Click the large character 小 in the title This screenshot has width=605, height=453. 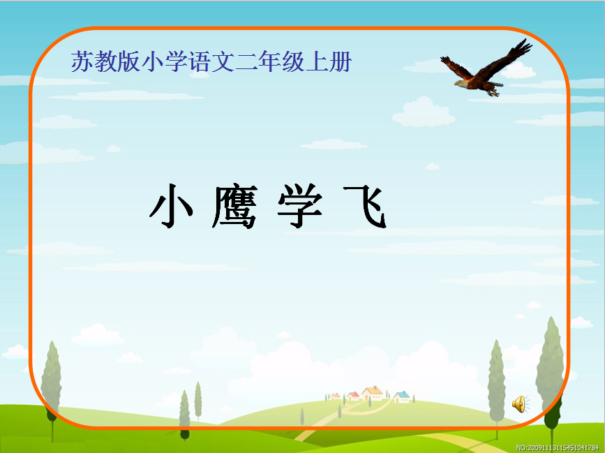click(172, 206)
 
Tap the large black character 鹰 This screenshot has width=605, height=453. click(235, 207)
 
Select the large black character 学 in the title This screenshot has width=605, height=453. click(300, 206)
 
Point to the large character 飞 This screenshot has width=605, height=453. click(365, 207)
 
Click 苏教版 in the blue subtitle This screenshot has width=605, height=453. click(105, 61)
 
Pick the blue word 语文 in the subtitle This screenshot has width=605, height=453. click(211, 61)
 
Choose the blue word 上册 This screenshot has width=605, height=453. click(329, 61)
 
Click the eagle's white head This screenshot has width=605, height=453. click(461, 84)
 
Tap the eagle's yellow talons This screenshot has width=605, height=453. click(493, 92)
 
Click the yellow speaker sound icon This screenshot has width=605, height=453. click(521, 404)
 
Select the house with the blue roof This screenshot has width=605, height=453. click(402, 396)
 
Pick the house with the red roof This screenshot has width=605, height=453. click(353, 396)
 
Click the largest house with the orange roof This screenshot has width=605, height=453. click(372, 393)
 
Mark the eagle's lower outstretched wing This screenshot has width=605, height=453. click(457, 67)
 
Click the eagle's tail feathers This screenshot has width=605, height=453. click(496, 84)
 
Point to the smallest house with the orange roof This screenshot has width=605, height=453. click(335, 396)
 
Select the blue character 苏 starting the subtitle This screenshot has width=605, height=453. click(82, 61)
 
